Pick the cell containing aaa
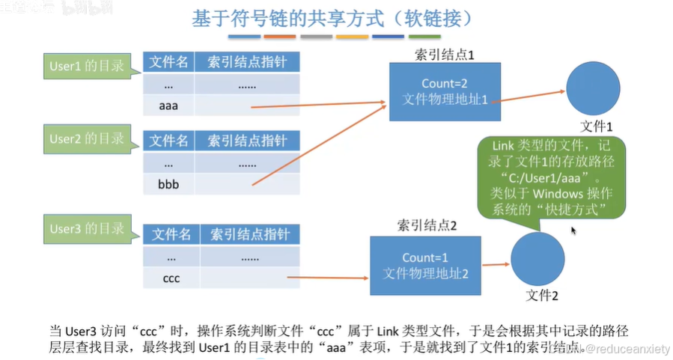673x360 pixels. tap(168, 106)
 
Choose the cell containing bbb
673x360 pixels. tap(168, 183)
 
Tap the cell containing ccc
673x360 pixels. tap(171, 278)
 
